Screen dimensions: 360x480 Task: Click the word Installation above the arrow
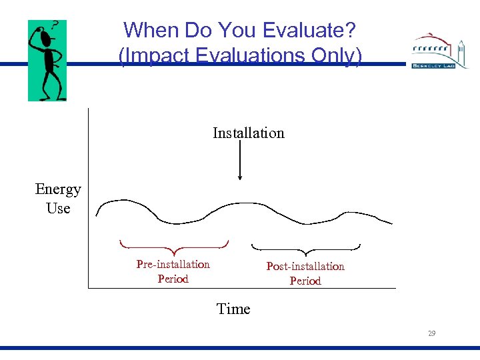(248, 133)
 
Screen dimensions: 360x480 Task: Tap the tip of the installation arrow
(240, 179)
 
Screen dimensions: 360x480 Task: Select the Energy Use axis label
(58, 199)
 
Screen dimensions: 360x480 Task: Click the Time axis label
(233, 309)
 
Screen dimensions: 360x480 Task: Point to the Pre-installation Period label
(173, 271)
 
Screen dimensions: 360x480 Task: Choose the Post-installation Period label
(305, 273)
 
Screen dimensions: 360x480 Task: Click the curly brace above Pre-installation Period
(173, 245)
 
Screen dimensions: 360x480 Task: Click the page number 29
(431, 333)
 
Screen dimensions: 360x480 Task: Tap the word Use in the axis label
(58, 208)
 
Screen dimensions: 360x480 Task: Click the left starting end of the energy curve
(97, 215)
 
